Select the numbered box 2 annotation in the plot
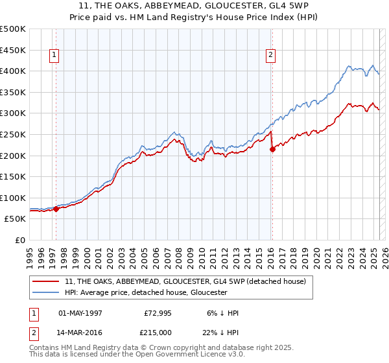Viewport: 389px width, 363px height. point(270,56)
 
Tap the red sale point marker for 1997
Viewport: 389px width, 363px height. point(56,209)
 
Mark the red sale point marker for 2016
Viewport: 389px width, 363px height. point(272,149)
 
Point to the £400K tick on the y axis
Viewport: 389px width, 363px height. point(13,71)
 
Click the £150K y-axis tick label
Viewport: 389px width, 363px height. point(13,176)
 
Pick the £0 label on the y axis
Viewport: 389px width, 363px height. point(19,240)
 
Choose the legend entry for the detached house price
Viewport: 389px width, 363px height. point(189,281)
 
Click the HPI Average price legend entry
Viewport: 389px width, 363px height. point(146,292)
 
